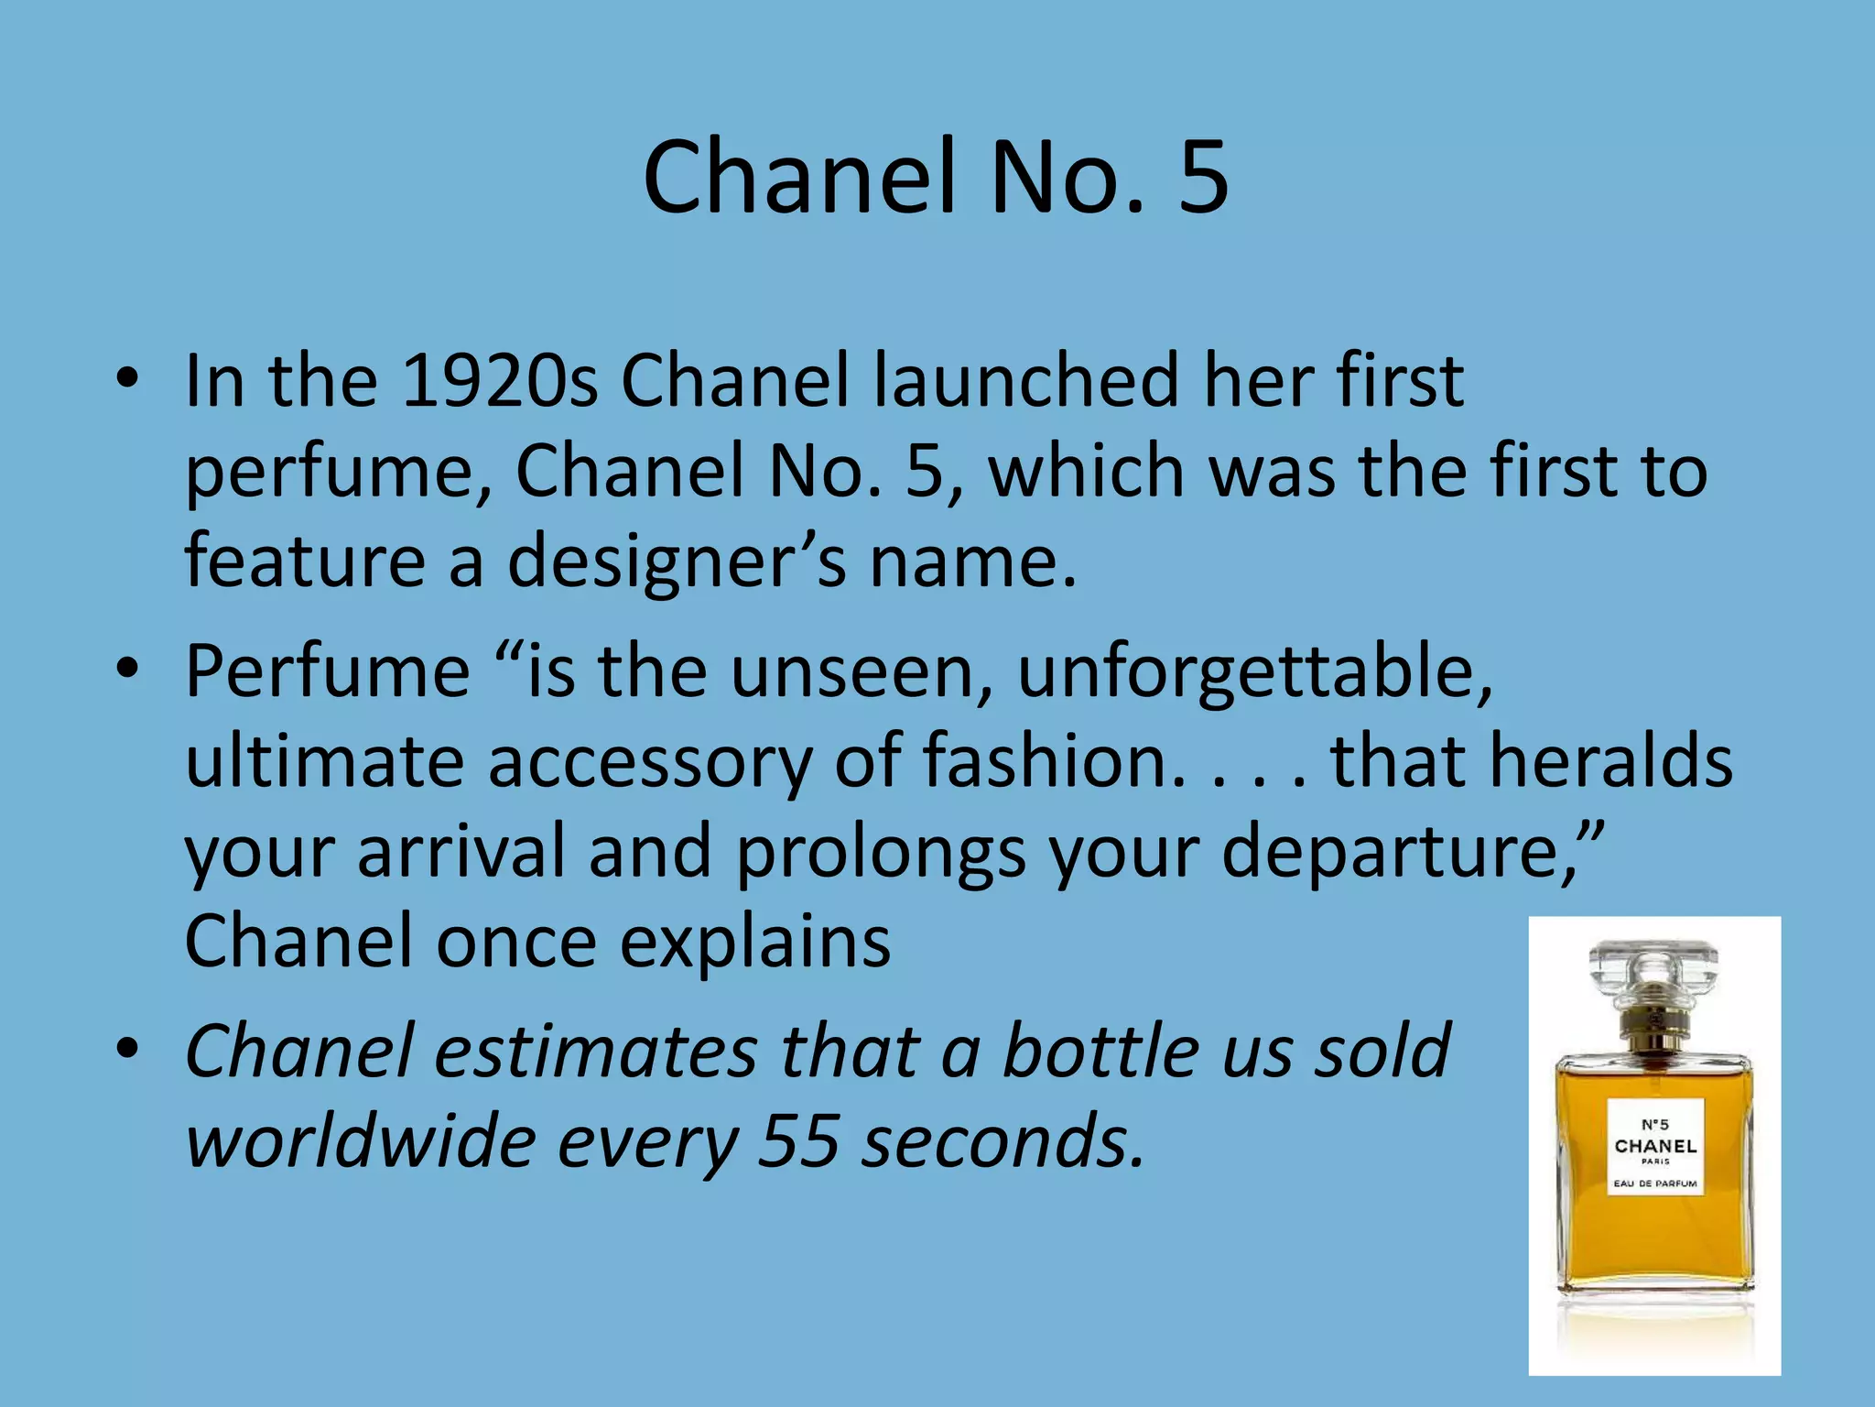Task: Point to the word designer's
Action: click(677, 561)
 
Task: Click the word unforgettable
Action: click(1255, 671)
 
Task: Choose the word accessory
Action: click(650, 761)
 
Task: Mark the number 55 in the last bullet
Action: click(798, 1141)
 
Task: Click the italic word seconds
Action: click(1003, 1141)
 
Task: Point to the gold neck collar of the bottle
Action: click(1653, 1024)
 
